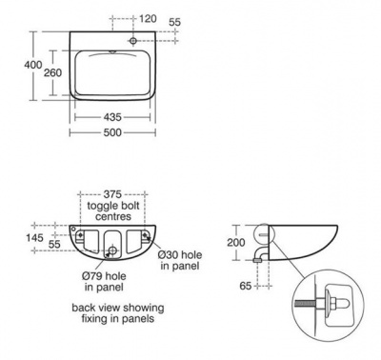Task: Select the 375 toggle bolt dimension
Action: click(115, 193)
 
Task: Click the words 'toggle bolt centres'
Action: click(115, 210)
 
